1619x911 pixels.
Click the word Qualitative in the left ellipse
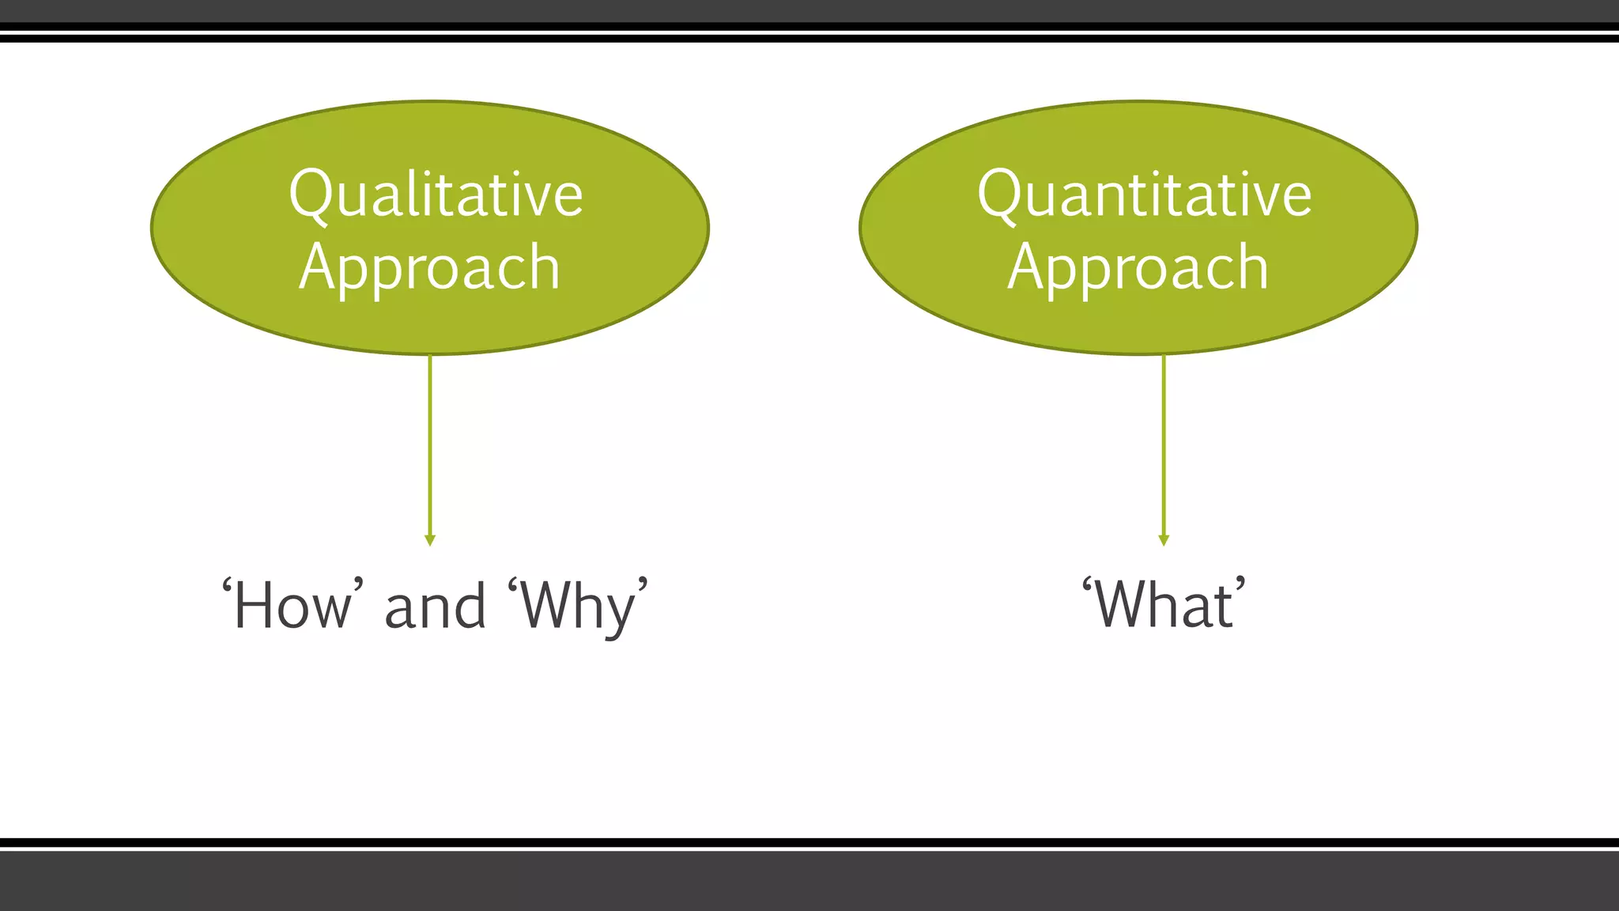click(436, 195)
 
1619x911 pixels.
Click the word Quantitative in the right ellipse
click(1144, 195)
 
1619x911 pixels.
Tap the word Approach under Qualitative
click(430, 269)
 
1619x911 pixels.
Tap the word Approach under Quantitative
click(1138, 269)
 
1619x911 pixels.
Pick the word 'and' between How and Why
click(435, 607)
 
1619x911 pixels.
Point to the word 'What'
click(1164, 605)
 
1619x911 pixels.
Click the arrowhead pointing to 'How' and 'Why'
click(430, 540)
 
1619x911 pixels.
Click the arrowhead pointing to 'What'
click(1164, 540)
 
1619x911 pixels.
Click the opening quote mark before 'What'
click(1088, 586)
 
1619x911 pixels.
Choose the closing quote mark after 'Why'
click(643, 586)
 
